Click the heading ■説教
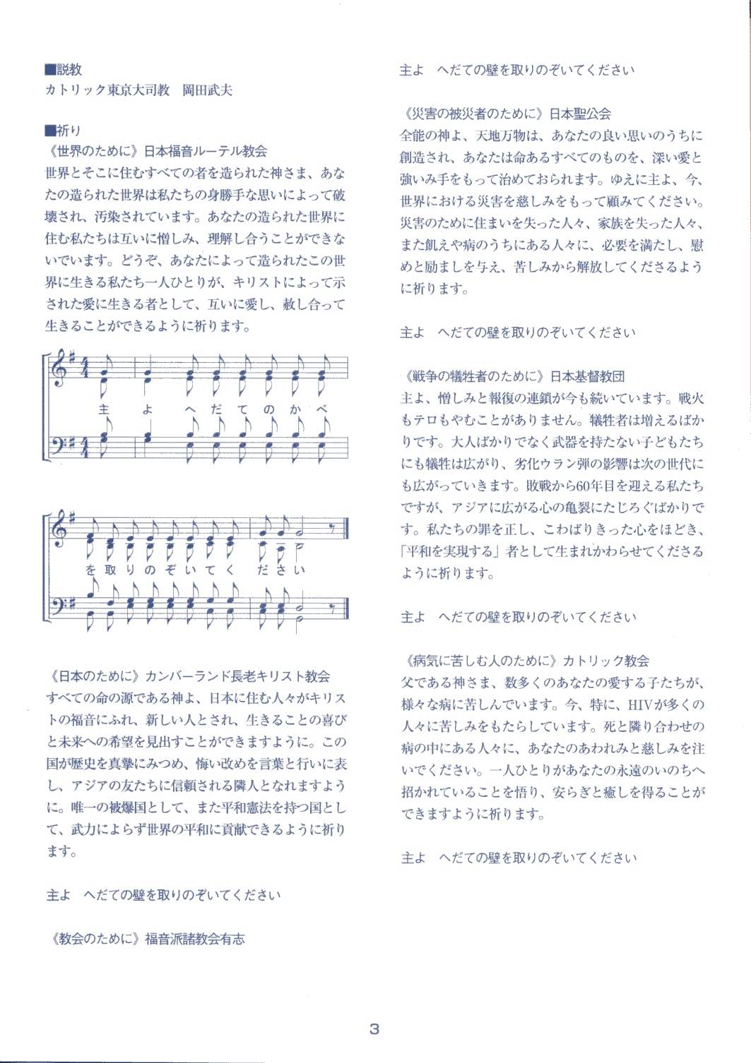point(63,69)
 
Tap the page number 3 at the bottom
point(374,1028)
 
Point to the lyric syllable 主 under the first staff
point(105,409)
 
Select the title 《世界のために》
point(92,151)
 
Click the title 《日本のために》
point(92,676)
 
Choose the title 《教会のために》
point(92,939)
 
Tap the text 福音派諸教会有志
point(195,939)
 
